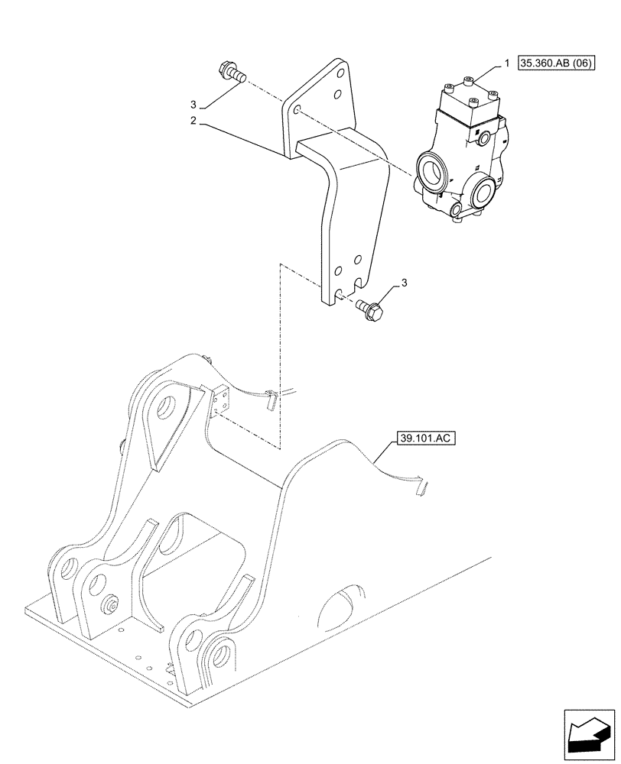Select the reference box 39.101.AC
click(422, 439)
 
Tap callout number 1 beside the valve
click(505, 66)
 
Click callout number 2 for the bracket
click(194, 121)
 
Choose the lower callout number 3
click(404, 283)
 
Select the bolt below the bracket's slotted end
click(372, 309)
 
